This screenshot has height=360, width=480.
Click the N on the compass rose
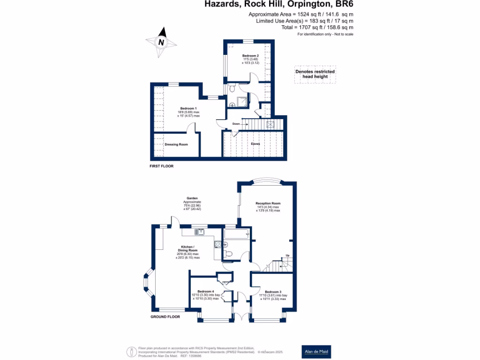click(162, 42)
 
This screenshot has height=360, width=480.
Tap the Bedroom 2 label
click(250, 56)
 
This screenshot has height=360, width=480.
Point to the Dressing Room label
click(176, 144)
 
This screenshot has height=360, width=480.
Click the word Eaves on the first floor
click(255, 144)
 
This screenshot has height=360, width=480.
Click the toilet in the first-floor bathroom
click(232, 89)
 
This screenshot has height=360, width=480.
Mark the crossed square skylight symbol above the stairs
click(270, 124)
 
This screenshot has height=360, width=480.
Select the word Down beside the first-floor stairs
click(236, 124)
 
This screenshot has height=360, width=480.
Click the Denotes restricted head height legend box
click(315, 74)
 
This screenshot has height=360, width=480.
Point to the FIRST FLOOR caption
click(162, 166)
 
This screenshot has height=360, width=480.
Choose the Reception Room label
click(268, 203)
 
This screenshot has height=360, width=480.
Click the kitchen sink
click(201, 231)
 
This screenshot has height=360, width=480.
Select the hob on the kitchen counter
click(217, 244)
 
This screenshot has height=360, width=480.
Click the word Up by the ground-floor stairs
click(287, 255)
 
